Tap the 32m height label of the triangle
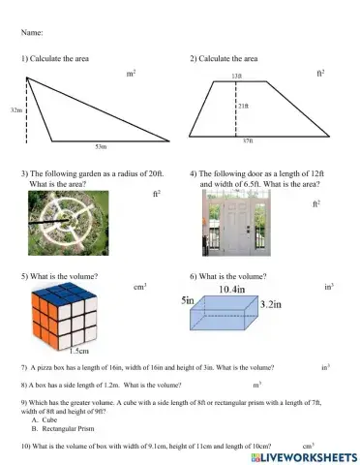[15, 111]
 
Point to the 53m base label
[101, 146]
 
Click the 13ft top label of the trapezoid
[236, 76]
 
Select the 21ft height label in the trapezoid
[244, 106]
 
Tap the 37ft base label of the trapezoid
[248, 141]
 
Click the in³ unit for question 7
[325, 368]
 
